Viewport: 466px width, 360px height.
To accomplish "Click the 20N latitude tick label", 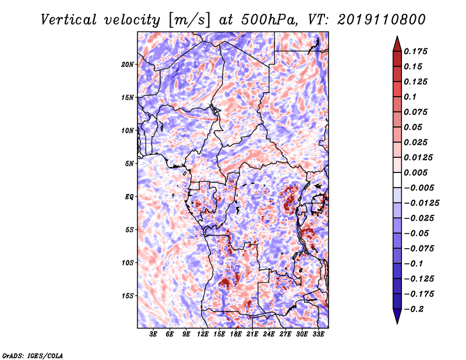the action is coord(127,65).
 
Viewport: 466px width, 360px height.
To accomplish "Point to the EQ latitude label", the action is coord(129,197).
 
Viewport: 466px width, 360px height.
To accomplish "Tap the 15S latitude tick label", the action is coord(127,296).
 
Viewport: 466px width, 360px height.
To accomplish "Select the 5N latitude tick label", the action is coord(129,164).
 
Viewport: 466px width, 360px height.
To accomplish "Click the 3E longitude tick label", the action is coord(153,334).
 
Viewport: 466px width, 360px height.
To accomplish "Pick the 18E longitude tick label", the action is coord(236,334).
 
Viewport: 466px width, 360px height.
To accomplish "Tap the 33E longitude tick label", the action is coord(318,334).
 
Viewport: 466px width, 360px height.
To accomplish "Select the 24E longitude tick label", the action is coord(269,334).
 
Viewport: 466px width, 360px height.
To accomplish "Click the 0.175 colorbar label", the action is coord(416,51).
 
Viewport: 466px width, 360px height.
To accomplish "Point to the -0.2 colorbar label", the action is coord(414,309).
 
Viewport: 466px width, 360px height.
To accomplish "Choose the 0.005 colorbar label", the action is coord(416,172).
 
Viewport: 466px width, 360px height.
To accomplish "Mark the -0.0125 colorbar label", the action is coord(421,203).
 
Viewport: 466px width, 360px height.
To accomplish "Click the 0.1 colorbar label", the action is coord(411,97).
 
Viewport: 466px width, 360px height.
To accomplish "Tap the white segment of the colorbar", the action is coord(397,180).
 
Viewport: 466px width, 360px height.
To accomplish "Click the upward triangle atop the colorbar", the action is coord(397,44).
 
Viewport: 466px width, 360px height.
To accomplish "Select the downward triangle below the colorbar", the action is coord(397,316).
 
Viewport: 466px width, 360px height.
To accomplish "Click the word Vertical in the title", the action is coord(68,20).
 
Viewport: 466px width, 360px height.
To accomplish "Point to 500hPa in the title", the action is coord(269,20).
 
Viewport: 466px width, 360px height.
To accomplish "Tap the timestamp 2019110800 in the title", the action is coord(382,20).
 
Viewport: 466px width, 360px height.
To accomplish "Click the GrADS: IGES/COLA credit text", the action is coord(33,355).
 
